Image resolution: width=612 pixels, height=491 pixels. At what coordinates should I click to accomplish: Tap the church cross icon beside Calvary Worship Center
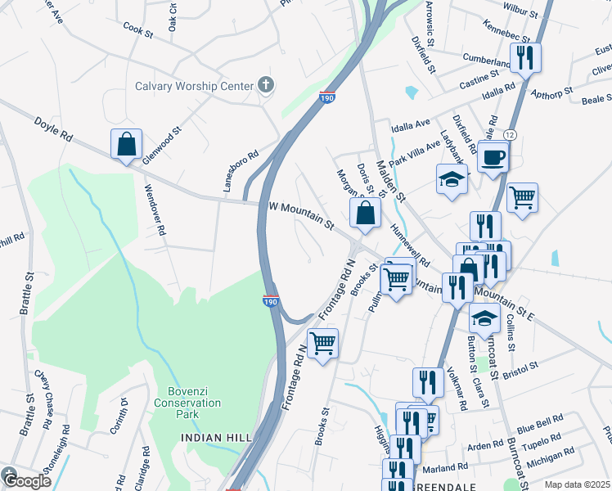[x=264, y=84]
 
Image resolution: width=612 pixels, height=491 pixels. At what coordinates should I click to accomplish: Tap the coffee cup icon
[x=493, y=156]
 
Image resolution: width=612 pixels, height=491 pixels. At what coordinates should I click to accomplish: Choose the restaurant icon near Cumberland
[x=524, y=57]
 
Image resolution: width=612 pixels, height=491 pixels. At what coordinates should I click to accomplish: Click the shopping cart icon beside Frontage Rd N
[x=322, y=343]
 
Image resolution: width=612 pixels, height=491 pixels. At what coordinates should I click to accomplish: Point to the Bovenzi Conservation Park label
[x=189, y=403]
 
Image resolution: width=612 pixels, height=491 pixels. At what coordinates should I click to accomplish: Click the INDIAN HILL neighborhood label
[x=216, y=439]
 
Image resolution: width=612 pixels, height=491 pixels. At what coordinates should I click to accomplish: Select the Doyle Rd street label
[x=53, y=130]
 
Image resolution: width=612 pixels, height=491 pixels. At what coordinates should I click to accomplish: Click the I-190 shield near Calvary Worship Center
[x=326, y=97]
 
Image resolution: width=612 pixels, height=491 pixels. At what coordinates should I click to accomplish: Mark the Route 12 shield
[x=510, y=134]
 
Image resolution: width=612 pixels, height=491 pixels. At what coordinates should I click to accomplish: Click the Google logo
[x=25, y=480]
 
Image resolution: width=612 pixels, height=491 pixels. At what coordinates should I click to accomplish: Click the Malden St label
[x=390, y=180]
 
